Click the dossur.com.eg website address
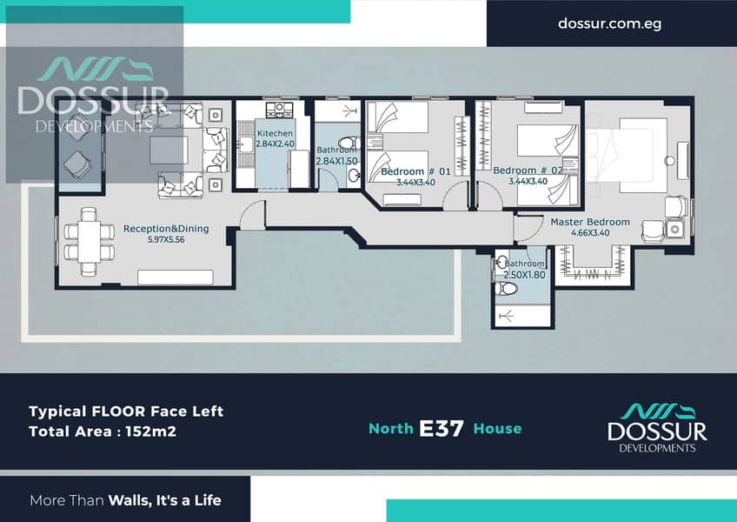tap(609, 23)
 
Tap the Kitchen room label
tap(275, 133)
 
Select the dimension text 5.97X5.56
tap(166, 239)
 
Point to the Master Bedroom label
tap(590, 222)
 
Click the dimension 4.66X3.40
tap(590, 232)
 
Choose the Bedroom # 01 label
tap(415, 171)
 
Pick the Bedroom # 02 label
tap(528, 171)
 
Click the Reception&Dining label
tap(166, 229)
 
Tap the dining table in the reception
tap(89, 242)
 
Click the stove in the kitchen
tap(279, 110)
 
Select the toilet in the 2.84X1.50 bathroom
tap(349, 142)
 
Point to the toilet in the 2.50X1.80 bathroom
tap(506, 288)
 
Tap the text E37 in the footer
tap(442, 428)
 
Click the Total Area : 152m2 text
tap(103, 432)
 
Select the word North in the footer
tap(391, 428)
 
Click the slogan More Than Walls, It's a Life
tap(125, 500)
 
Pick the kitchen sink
tap(245, 144)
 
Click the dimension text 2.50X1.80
tap(525, 274)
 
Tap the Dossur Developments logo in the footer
tap(657, 428)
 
